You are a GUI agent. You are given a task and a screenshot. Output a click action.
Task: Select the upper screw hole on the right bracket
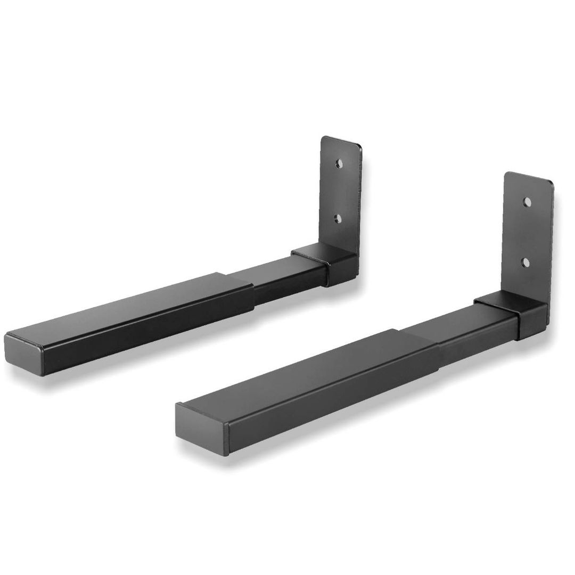tap(527, 202)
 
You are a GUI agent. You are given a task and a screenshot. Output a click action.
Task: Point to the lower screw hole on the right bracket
tap(525, 261)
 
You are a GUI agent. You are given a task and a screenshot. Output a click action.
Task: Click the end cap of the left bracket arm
tap(24, 352)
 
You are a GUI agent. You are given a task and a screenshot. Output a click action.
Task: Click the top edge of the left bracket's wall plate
tap(341, 141)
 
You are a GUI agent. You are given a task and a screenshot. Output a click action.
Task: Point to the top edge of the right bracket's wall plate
tap(529, 177)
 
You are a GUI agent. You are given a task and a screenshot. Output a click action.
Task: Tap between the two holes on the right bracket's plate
tap(526, 232)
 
